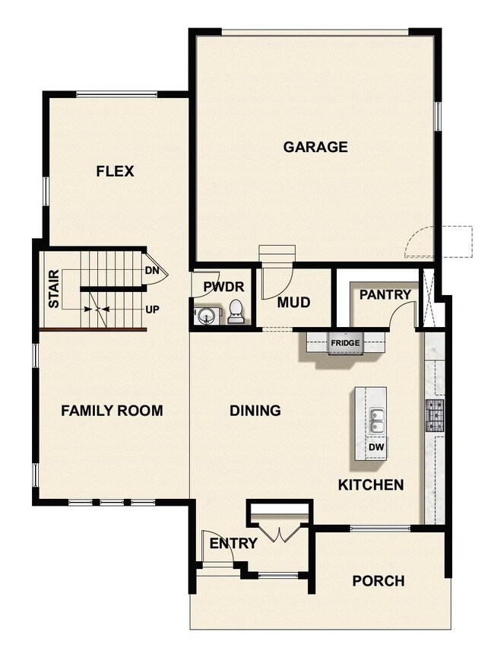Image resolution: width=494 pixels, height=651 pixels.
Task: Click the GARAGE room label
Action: pos(315,147)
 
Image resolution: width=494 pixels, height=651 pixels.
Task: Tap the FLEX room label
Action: pos(115,171)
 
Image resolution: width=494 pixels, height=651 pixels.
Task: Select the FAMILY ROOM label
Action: pos(112,411)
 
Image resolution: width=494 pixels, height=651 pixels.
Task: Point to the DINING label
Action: pos(255,411)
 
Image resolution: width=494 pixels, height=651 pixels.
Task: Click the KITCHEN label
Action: pos(371,484)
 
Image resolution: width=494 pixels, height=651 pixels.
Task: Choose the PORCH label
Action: pos(378,581)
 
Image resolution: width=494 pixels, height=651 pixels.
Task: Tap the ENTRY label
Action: pos(233,543)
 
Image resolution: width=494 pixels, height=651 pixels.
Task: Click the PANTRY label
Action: pos(385,294)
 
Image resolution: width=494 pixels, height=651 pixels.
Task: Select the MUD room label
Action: pos(293,303)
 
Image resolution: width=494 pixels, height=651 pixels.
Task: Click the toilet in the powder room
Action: pos(236,312)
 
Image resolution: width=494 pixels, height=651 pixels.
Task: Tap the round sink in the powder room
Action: pos(203,314)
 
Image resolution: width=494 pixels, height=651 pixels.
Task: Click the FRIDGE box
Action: pos(344,343)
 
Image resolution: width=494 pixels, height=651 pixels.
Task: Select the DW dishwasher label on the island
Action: pos(376,448)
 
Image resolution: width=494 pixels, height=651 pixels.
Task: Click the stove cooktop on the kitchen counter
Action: pos(435,415)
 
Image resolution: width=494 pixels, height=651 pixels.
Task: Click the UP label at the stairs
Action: pos(152,310)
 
